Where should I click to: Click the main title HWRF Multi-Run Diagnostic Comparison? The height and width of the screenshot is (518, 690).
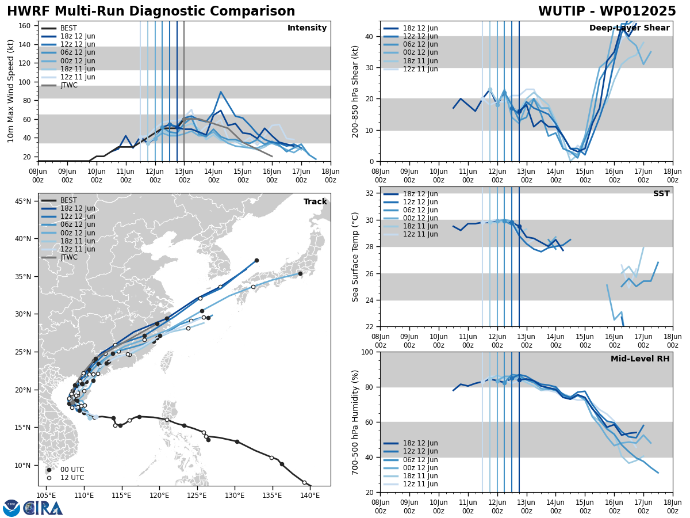151,12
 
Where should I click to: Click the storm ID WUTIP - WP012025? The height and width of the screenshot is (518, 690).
607,12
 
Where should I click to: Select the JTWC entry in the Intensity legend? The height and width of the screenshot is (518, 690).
68,85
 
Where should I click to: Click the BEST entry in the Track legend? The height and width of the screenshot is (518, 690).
68,200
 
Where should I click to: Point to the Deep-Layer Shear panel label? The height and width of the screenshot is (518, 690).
629,28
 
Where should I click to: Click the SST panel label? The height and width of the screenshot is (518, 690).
661,194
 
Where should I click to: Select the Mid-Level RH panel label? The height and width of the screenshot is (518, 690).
639,359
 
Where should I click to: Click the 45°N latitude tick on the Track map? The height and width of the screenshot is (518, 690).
22,201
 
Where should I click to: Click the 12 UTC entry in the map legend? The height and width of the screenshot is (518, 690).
72,478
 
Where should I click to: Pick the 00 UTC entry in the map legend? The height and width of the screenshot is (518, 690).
72,470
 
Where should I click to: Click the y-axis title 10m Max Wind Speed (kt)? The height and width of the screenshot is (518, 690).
10,91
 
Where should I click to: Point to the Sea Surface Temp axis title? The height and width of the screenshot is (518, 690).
355,257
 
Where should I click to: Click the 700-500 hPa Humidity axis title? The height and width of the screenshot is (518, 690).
355,422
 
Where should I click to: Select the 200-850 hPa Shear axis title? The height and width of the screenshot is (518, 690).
355,91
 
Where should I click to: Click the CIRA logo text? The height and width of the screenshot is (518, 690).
43,508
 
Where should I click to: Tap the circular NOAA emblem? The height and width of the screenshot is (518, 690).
11,508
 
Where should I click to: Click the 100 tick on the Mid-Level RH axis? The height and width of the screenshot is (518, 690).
367,352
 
